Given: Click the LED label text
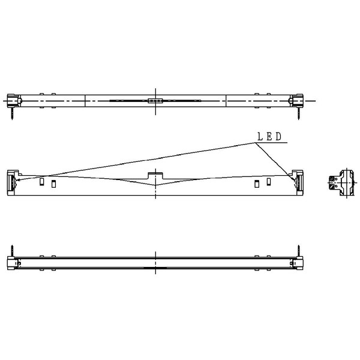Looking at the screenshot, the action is [x=269, y=137].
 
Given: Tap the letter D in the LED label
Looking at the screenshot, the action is [x=278, y=137].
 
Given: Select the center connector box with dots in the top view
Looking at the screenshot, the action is [x=155, y=101].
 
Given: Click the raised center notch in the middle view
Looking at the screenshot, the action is [x=155, y=176].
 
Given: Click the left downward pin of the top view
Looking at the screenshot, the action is [x=12, y=113].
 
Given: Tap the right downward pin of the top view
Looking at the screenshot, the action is [x=299, y=113].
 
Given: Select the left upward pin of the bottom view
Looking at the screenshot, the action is [x=12, y=251].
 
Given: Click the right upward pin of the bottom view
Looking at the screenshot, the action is [x=299, y=251].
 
